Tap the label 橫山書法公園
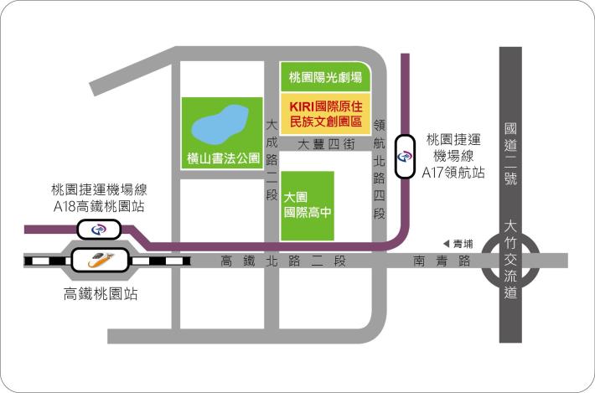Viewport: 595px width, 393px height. (x=224, y=158)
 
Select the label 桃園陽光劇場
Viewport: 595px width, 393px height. (x=325, y=78)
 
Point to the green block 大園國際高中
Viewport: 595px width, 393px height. (x=307, y=204)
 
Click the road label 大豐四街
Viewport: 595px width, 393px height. (x=326, y=144)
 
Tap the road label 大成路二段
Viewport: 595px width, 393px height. (x=271, y=160)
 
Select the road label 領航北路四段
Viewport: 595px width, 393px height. (x=379, y=168)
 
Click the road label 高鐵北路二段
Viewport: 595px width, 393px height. (x=282, y=261)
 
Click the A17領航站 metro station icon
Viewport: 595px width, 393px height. (x=406, y=156)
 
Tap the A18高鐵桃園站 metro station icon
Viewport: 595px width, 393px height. (x=99, y=229)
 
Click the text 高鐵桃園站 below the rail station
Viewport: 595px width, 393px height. (x=101, y=294)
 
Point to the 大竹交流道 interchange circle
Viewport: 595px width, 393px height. (x=511, y=261)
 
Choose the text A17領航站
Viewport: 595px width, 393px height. (x=455, y=173)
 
